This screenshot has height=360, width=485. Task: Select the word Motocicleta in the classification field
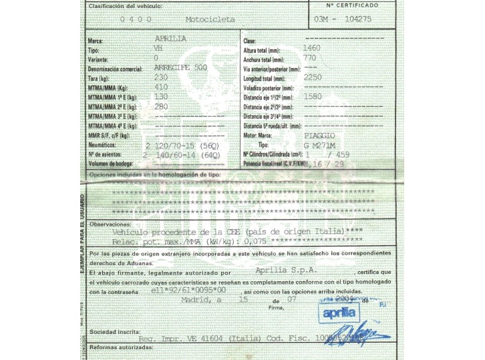[210, 20]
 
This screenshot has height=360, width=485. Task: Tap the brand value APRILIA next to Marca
[170, 39]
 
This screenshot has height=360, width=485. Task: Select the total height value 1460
[312, 49]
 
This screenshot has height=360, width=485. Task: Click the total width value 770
[309, 58]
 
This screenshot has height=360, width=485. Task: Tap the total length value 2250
[313, 77]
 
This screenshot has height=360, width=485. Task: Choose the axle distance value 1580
[313, 96]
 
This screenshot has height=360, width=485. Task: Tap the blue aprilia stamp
[353, 313]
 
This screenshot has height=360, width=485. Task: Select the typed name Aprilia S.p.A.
[285, 271]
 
